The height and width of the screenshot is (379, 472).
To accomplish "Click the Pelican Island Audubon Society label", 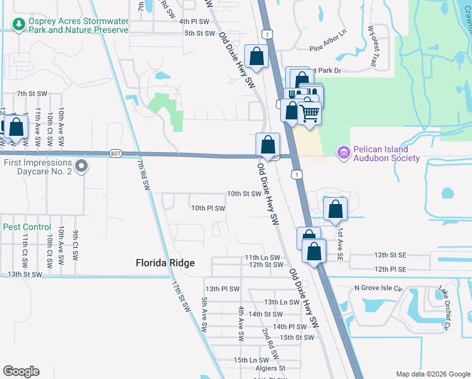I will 386,153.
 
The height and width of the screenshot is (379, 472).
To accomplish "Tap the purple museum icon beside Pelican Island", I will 343,152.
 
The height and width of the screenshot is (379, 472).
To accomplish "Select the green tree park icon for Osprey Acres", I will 19,24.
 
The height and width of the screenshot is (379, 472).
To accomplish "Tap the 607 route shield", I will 115,153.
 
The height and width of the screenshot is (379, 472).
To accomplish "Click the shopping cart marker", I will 309,114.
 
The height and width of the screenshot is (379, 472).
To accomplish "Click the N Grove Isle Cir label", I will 378,288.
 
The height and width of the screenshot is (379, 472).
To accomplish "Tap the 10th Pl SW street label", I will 208,208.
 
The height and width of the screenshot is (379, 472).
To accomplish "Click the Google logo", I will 21,371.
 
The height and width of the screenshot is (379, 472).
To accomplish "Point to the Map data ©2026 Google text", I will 432,374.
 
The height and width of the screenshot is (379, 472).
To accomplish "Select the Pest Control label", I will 27,227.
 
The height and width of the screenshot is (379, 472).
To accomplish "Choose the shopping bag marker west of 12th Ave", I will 16,127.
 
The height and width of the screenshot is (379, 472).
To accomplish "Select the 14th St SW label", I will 265,314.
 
